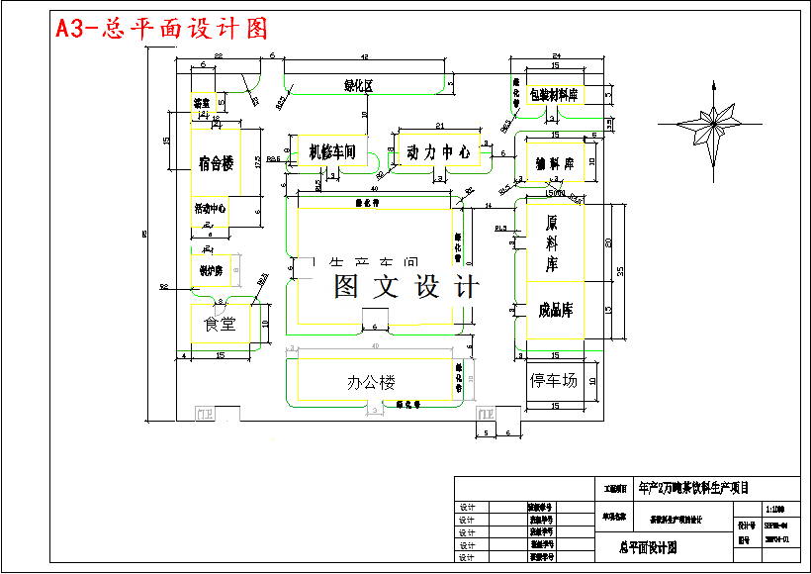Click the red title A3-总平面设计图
[x=162, y=28]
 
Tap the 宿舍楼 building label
[x=215, y=163]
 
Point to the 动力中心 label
[x=437, y=152]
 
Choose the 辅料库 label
[x=555, y=162]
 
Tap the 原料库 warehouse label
[x=552, y=243]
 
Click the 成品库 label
[x=556, y=310]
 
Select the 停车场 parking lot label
[x=553, y=380]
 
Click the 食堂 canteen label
[x=219, y=324]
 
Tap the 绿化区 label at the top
[x=358, y=86]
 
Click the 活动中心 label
[x=211, y=209]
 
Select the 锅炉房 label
[x=212, y=269]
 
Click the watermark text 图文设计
[x=405, y=287]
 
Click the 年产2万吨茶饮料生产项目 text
[x=694, y=487]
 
